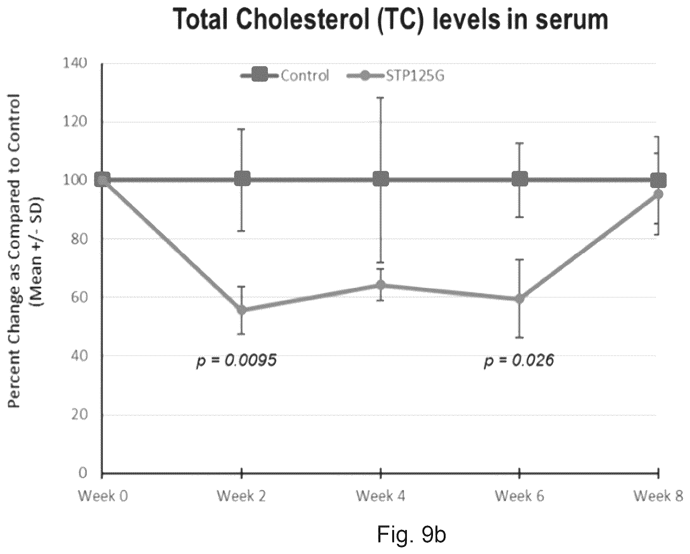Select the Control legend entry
coord(285,76)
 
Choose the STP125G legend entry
coord(396,76)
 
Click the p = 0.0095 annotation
coord(236,361)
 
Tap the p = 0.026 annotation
coord(519,361)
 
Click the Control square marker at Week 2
coord(242,178)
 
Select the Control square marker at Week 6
coord(519,178)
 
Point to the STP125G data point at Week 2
coord(242,310)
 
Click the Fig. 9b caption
coord(411,534)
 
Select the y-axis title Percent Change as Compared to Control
coord(15,251)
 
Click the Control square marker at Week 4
coord(381,178)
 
